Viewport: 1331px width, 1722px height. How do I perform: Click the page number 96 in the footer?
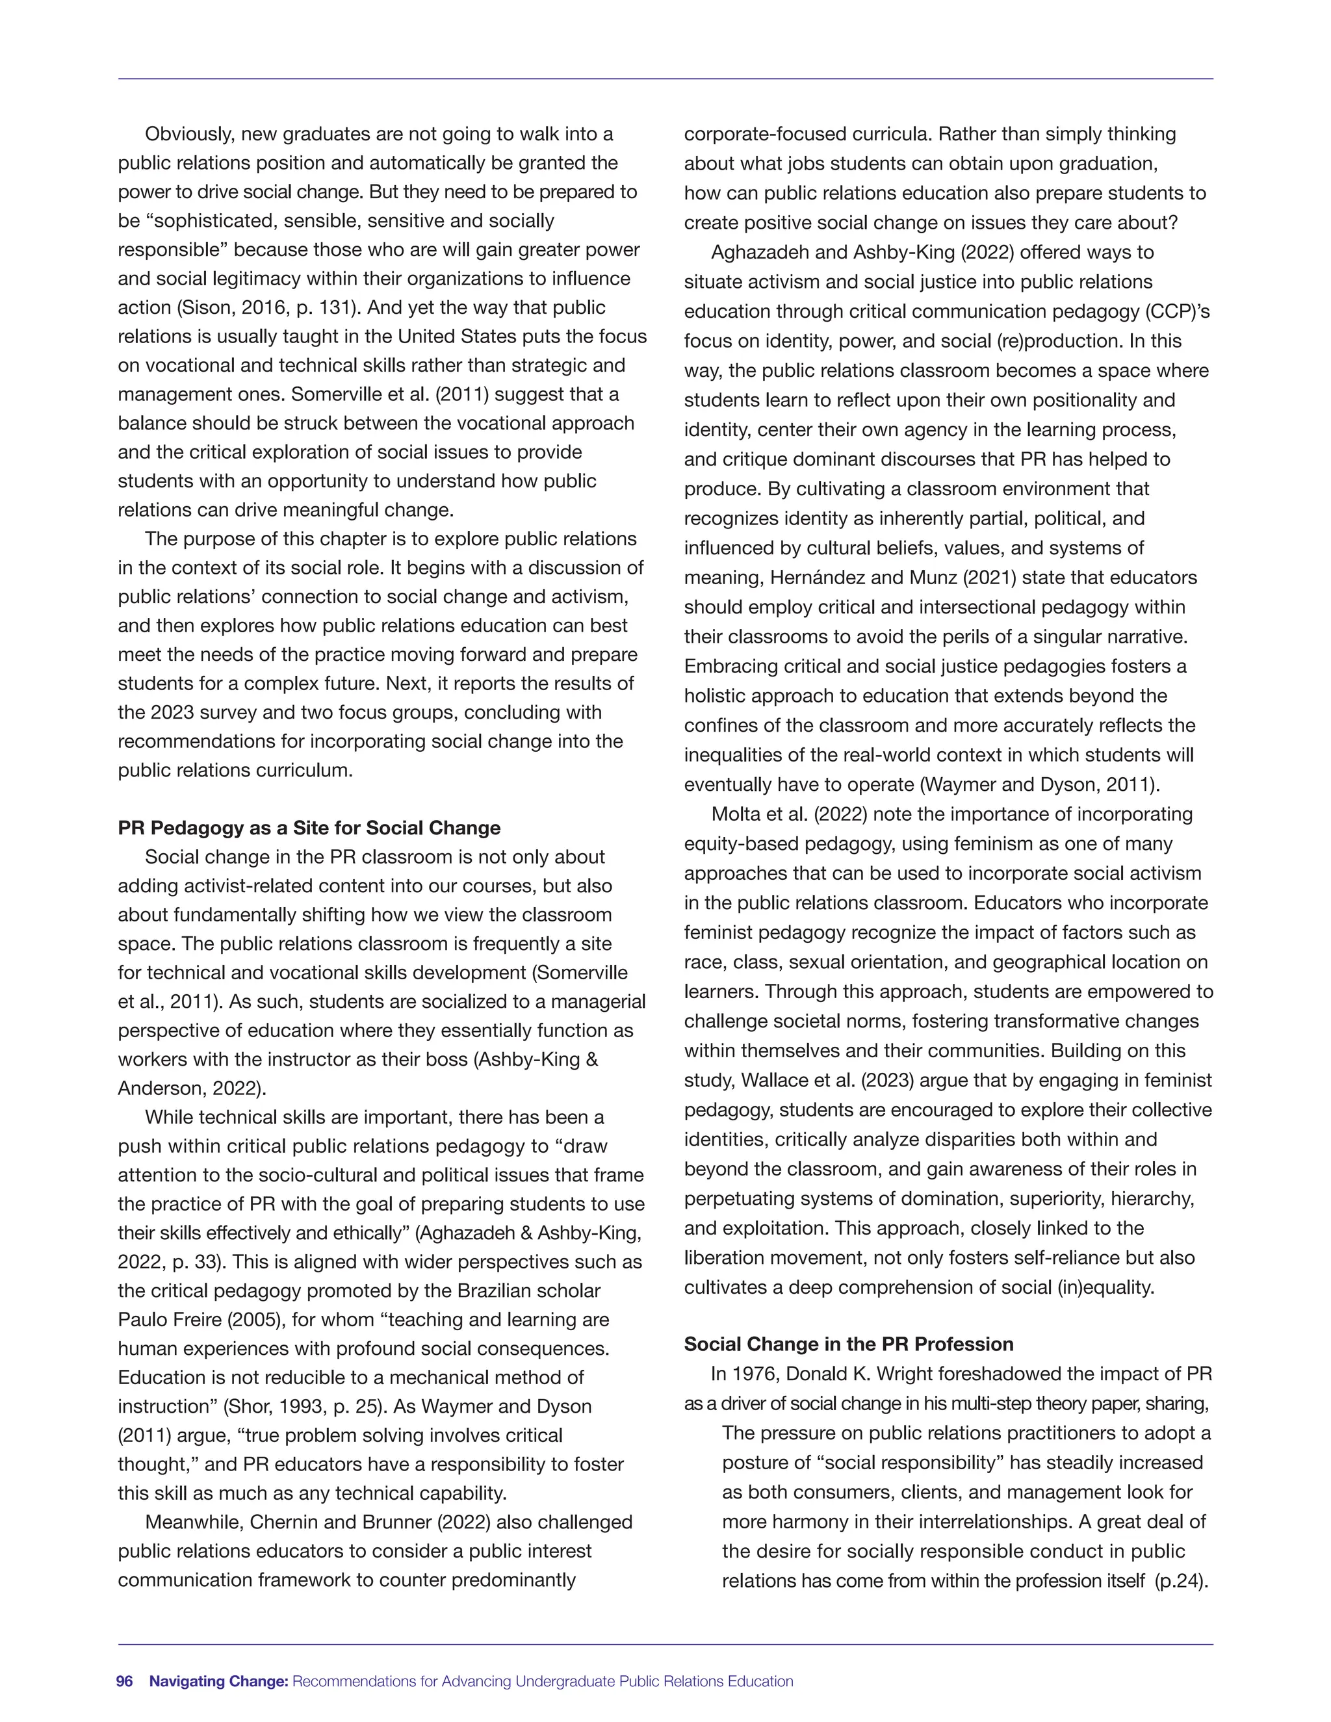coord(125,1681)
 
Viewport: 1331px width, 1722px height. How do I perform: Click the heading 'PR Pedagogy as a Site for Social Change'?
coord(309,828)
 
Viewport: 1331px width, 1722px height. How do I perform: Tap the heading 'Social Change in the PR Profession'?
coord(848,1344)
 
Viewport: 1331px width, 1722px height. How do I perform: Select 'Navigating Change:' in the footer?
coord(219,1681)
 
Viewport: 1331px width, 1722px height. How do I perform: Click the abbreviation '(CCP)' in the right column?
coord(1176,311)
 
